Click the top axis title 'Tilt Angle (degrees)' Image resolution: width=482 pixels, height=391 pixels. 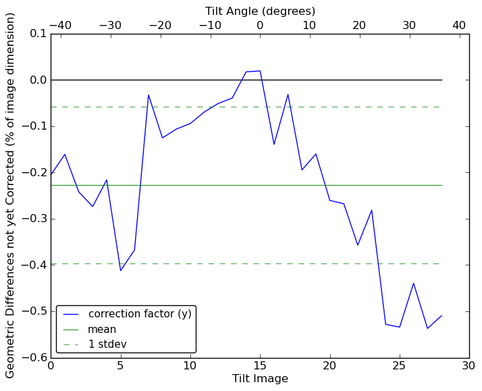260,11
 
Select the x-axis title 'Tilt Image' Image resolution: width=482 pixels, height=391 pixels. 260,379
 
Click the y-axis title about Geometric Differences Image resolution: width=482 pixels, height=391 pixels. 11,196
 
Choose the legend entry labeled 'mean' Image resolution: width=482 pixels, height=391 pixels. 101,330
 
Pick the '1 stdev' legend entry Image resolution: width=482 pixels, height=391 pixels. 107,344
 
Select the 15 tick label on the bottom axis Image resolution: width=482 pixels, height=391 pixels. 260,366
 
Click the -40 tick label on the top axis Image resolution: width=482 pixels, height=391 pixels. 59,25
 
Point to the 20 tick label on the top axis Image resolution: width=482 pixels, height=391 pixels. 359,25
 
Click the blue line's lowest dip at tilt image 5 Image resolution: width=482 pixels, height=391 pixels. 120,271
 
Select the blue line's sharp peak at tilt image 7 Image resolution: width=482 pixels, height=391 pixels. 149,95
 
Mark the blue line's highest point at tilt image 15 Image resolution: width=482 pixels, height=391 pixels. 260,71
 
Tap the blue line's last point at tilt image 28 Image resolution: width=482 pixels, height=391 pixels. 441,315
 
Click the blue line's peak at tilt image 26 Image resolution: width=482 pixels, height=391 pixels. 413,283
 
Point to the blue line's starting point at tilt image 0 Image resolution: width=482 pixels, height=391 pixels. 51,175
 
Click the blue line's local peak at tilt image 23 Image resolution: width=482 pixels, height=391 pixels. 371,210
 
